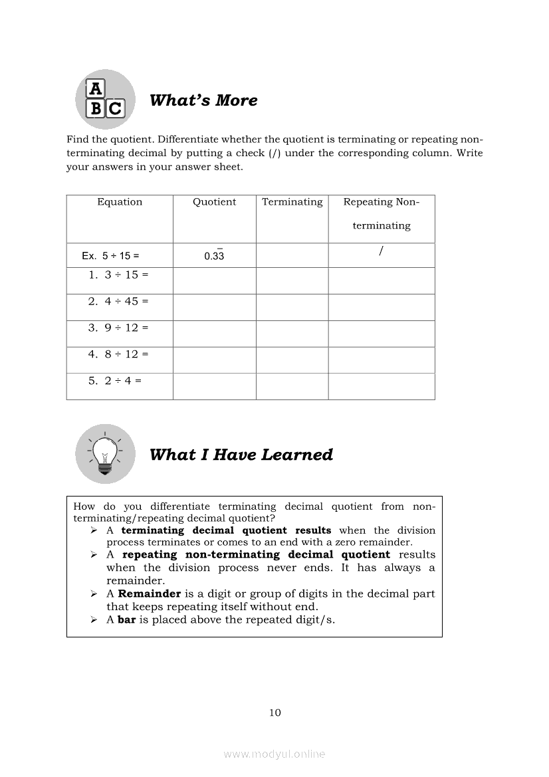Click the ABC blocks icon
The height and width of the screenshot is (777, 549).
105,99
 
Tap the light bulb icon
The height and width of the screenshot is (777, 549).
104,454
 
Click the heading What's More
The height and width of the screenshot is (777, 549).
203,100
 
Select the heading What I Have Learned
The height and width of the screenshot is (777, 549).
241,455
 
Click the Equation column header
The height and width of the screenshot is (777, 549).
120,202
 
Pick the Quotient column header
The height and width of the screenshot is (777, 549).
214,202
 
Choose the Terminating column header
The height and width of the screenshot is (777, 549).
292,202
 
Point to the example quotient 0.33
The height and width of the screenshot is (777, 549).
214,256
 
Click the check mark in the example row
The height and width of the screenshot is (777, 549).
382,251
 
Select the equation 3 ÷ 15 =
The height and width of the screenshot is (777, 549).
118,275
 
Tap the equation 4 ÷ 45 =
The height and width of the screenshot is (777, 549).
118,301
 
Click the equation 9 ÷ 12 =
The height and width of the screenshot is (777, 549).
118,328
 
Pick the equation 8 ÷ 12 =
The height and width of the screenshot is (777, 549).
118,354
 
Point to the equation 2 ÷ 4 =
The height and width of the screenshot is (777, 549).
115,381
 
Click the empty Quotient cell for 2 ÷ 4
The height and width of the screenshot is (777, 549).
214,386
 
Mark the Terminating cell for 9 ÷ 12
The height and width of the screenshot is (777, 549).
292,334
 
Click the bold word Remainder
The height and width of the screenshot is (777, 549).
150,594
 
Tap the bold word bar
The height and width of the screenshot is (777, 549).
126,620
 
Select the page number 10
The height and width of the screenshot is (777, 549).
275,713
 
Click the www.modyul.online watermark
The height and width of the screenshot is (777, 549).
274,754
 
